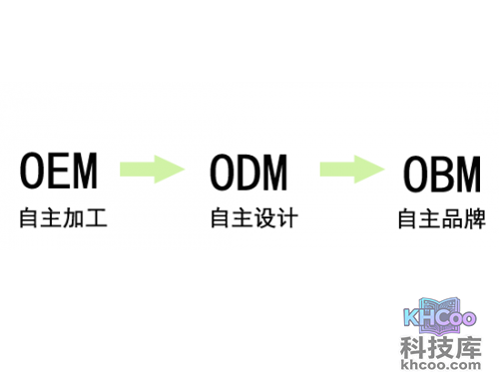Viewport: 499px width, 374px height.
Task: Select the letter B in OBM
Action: (x=441, y=174)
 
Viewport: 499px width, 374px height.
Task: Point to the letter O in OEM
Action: (x=33, y=172)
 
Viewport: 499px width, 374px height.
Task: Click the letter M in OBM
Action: (x=468, y=174)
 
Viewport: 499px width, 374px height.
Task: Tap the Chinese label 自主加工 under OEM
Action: (x=62, y=216)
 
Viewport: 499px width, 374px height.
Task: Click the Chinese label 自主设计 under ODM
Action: (x=253, y=216)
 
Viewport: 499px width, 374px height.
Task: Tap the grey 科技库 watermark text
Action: (x=441, y=348)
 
